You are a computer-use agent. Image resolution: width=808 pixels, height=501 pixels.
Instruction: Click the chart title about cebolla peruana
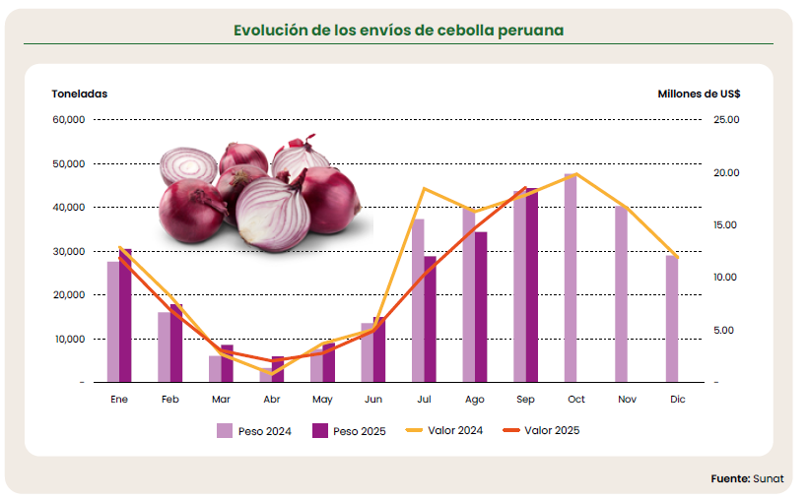(x=398, y=30)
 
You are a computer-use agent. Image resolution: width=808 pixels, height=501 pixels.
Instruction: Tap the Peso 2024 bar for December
(x=672, y=319)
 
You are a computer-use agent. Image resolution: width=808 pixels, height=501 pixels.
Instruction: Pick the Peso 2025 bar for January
(x=126, y=315)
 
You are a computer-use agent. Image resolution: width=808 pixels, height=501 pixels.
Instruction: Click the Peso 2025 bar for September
(x=532, y=284)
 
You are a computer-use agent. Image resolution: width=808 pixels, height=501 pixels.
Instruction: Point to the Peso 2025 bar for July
(x=431, y=319)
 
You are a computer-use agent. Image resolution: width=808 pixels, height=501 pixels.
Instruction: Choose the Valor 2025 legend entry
(x=541, y=430)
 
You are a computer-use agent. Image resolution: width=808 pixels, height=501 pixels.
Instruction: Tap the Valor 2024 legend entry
(x=442, y=430)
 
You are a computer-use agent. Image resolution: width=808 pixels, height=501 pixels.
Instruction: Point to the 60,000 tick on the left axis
(x=69, y=120)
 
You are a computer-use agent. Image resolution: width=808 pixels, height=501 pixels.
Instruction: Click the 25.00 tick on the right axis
(x=724, y=120)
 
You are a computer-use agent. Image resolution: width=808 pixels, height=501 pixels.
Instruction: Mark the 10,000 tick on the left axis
(x=69, y=339)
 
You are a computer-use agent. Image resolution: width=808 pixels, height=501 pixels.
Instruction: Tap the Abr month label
(x=271, y=400)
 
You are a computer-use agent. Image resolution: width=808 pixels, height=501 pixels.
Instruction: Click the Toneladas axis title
(x=79, y=94)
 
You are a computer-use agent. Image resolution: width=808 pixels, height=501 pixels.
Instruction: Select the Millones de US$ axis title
(x=699, y=94)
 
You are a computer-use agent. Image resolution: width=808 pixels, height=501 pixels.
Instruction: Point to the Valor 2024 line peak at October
(x=576, y=174)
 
